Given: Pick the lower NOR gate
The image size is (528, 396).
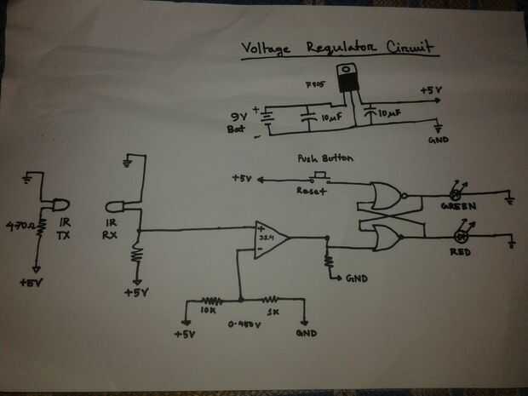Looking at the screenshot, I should [x=380, y=238].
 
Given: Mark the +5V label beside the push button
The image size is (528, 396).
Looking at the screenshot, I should [x=243, y=179].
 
